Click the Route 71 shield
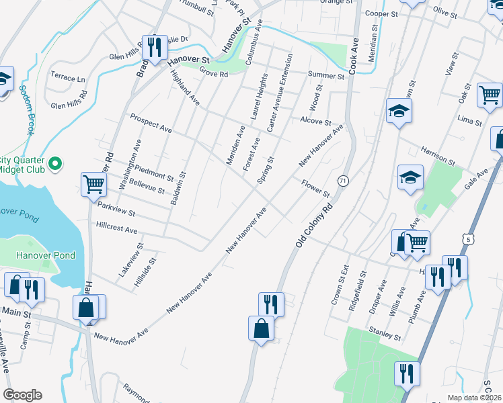pyautogui.click(x=343, y=181)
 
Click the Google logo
pyautogui.click(x=22, y=395)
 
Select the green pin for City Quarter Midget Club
pyautogui.click(x=56, y=163)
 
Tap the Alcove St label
pyautogui.click(x=315, y=122)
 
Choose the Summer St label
pyautogui.click(x=326, y=76)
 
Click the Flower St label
pyautogui.click(x=315, y=189)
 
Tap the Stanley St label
pyautogui.click(x=385, y=333)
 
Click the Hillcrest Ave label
pyautogui.click(x=117, y=228)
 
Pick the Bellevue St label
pyautogui.click(x=146, y=186)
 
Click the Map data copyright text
pyautogui.click(x=474, y=398)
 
